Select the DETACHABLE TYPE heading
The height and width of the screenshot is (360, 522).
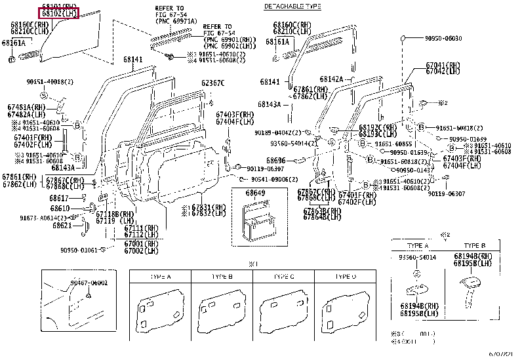coord(292,6)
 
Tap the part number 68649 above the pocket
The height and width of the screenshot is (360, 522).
coord(256,193)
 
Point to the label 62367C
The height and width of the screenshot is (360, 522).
coord(212,83)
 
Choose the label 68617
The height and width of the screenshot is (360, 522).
coord(58,198)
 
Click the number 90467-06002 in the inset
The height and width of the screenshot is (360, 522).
coord(88,282)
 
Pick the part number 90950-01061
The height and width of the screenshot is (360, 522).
coord(78,250)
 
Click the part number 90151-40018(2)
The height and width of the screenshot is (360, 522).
coord(50,82)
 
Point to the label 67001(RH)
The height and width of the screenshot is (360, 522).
coord(142,244)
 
